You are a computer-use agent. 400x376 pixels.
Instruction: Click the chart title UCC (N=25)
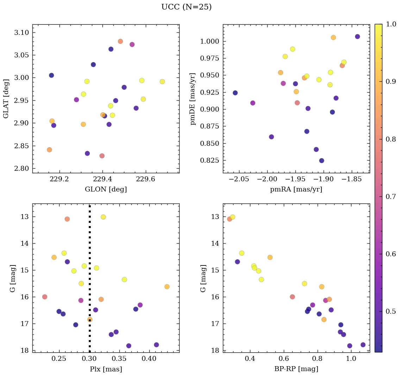click(186, 7)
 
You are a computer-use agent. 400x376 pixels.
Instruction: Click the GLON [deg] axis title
click(106, 189)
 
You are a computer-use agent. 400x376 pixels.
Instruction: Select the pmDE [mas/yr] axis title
click(193, 99)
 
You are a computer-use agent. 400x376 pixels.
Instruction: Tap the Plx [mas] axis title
click(106, 369)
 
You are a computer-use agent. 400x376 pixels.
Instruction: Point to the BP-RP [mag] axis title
click(296, 369)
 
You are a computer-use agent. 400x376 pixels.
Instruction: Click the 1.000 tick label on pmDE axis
click(210, 42)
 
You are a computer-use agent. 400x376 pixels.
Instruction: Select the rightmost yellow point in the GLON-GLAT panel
click(162, 82)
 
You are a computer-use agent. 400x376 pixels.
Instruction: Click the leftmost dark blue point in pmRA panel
click(235, 93)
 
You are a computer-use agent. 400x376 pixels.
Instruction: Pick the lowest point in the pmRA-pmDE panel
click(321, 161)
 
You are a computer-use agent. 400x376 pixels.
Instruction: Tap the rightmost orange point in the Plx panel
click(167, 287)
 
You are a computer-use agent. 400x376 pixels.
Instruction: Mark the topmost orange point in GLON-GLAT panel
click(120, 41)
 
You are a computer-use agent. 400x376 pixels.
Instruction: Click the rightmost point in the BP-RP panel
click(363, 345)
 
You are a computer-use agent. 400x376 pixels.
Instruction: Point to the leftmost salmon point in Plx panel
click(45, 297)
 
